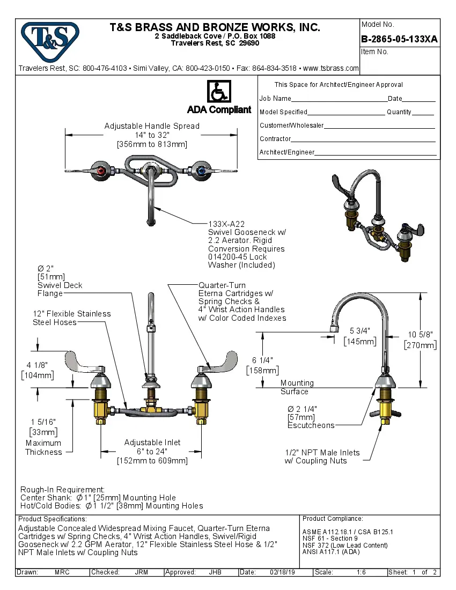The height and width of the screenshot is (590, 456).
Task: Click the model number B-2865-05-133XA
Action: pyautogui.click(x=400, y=39)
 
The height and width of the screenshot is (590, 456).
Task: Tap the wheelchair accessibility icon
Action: pyautogui.click(x=219, y=92)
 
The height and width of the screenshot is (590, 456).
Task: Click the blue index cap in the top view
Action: pyautogui.click(x=201, y=171)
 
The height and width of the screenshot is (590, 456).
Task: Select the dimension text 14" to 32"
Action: pyautogui.click(x=152, y=135)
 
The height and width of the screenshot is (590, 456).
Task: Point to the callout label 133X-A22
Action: pyautogui.click(x=226, y=224)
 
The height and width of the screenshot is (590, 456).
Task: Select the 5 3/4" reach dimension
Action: pyautogui.click(x=360, y=331)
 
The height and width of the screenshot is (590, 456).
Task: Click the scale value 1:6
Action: pyautogui.click(x=361, y=572)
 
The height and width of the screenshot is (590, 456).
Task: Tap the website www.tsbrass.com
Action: pyautogui.click(x=331, y=68)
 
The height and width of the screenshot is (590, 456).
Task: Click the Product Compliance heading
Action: pyautogui.click(x=333, y=519)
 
